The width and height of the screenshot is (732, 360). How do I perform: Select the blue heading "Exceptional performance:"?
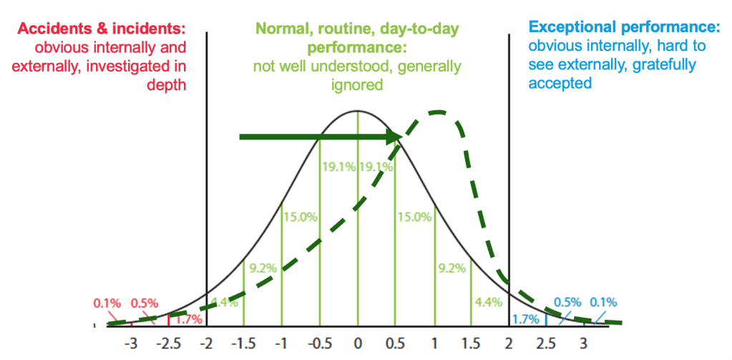[624, 29]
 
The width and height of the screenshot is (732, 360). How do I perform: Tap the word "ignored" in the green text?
[357, 84]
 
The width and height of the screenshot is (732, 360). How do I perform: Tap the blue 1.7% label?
[527, 316]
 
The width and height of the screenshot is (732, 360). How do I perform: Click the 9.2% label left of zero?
[262, 268]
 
